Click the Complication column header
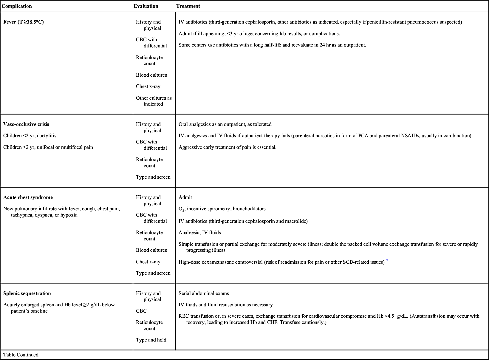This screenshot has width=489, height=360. (x=17, y=6)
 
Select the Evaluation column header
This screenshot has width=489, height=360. (x=146, y=6)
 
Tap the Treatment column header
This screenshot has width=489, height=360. (x=188, y=6)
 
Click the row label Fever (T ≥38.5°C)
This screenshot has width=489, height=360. (x=24, y=22)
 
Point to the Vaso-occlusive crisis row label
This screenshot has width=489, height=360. (x=26, y=124)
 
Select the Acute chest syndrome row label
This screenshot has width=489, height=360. (x=28, y=197)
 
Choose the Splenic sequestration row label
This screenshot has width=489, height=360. (x=27, y=293)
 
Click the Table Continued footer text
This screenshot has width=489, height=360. (x=21, y=355)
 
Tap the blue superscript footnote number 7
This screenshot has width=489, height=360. (x=387, y=261)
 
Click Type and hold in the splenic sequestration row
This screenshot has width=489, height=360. (x=151, y=340)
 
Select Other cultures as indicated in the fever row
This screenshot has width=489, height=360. (x=154, y=101)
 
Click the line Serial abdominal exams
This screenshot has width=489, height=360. (x=204, y=293)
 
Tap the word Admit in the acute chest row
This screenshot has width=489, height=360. (x=185, y=197)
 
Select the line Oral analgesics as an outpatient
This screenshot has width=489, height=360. (x=225, y=124)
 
